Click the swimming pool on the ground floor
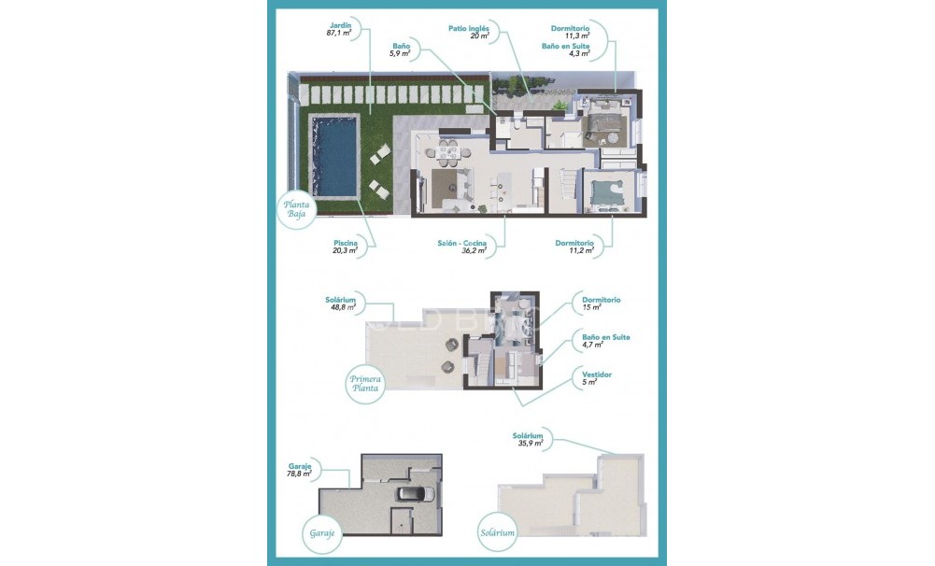(x=334, y=155)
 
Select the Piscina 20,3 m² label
(x=345, y=247)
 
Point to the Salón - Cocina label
(x=462, y=247)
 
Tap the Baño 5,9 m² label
(x=401, y=50)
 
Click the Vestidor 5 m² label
(x=595, y=378)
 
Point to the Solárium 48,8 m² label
(x=340, y=303)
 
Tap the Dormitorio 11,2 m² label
(x=575, y=247)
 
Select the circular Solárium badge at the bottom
(x=500, y=533)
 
